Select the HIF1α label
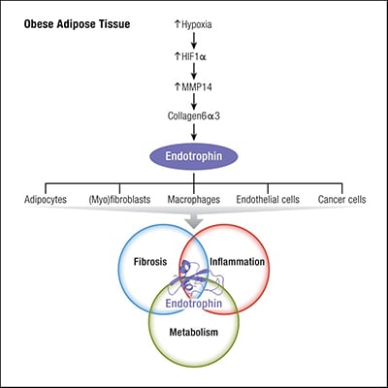[x=198, y=55]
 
